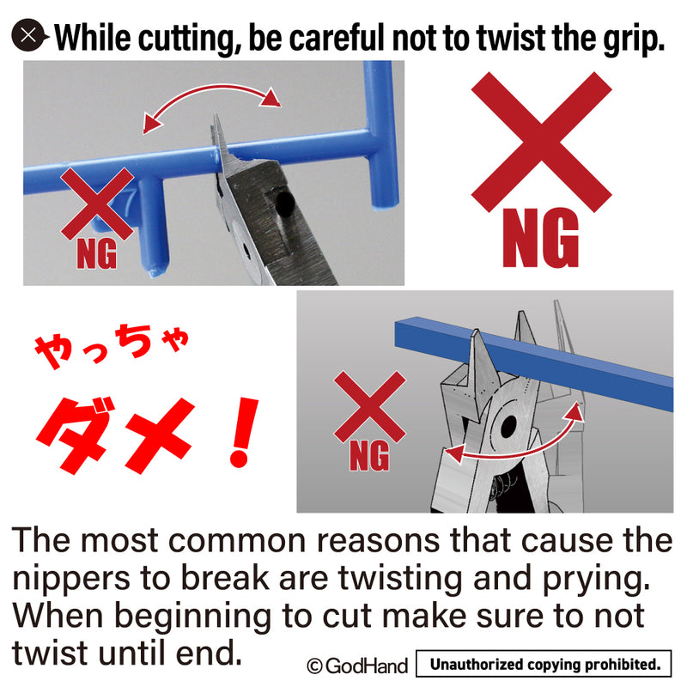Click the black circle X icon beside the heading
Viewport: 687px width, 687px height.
[x=29, y=35]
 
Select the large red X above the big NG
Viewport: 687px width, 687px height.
[x=542, y=142]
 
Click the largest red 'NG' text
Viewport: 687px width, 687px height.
[x=541, y=238]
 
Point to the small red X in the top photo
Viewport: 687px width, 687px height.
[x=97, y=204]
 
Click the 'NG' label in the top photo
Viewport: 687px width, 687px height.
[x=97, y=254]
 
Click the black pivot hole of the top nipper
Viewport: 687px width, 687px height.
[x=285, y=201]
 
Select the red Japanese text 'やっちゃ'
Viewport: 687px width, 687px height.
[x=112, y=346]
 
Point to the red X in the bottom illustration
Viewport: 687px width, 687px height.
[x=370, y=406]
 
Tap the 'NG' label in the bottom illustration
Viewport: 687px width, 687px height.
[x=369, y=456]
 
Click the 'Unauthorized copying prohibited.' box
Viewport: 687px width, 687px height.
[x=544, y=664]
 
